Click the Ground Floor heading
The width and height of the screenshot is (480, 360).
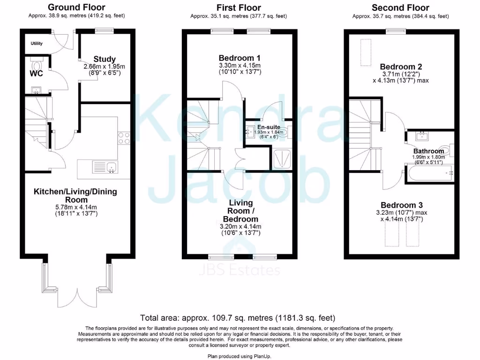(76, 7)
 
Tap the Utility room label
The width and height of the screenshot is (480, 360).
(37, 44)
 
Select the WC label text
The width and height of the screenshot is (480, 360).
(37, 74)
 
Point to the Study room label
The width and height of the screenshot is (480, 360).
(105, 60)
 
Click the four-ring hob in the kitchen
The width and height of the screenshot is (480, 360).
(124, 138)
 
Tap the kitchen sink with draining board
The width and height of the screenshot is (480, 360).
(105, 167)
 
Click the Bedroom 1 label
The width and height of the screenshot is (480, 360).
(240, 58)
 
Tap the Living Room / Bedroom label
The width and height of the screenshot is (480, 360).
(240, 211)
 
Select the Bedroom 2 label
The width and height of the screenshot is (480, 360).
(398, 67)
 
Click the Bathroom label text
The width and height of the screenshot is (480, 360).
(428, 151)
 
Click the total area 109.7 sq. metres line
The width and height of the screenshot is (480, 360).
(238, 318)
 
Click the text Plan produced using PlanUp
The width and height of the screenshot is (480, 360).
(239, 356)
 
